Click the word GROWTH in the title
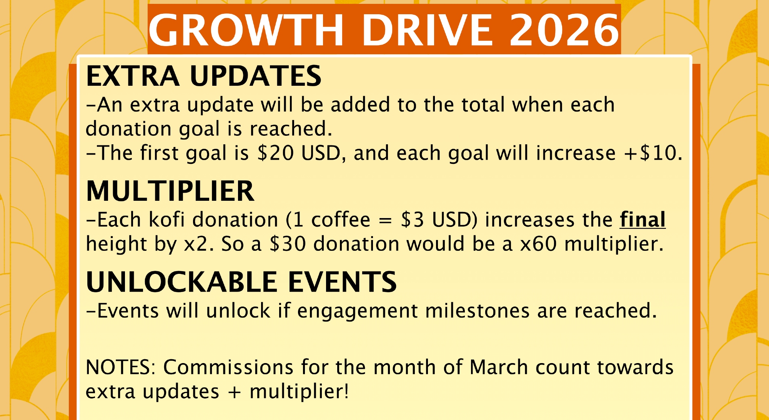(x=246, y=30)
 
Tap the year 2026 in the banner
(x=564, y=30)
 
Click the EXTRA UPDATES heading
(x=204, y=76)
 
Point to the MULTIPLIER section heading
(x=170, y=191)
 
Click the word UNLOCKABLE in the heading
(x=181, y=282)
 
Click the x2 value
(x=196, y=244)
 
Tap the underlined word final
(x=642, y=220)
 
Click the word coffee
(x=341, y=220)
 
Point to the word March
(x=499, y=367)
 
